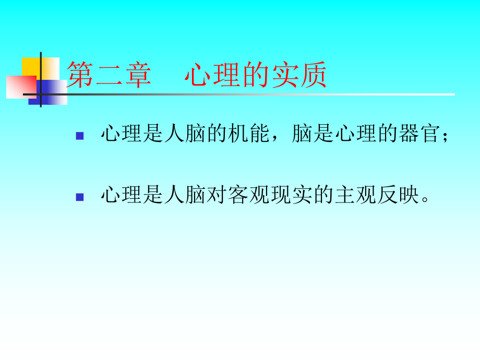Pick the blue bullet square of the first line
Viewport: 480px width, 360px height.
click(x=80, y=136)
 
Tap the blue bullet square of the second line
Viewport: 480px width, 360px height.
click(x=80, y=197)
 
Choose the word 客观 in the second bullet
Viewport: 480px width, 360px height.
click(x=247, y=196)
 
